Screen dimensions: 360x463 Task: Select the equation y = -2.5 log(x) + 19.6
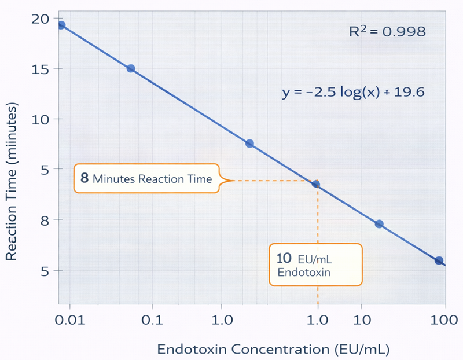[x=354, y=92]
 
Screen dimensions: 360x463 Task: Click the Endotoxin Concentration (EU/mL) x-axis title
[x=273, y=348]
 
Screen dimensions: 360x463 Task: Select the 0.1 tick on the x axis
[x=152, y=319]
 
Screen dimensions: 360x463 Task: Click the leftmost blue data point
[x=61, y=25]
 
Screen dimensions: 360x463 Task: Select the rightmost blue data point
[x=439, y=260]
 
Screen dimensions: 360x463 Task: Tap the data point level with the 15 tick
[x=131, y=68]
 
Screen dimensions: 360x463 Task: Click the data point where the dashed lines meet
[x=316, y=184]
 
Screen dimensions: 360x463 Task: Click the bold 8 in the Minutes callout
[x=84, y=178]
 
